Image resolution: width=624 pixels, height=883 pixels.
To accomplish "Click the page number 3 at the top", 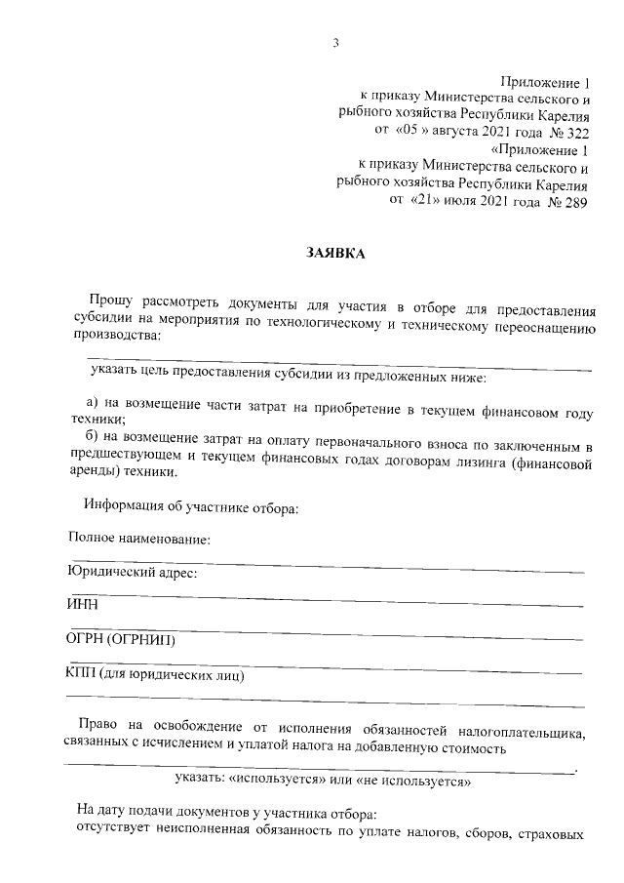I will (334, 42).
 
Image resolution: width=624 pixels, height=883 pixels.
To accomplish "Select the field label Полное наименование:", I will (139, 540).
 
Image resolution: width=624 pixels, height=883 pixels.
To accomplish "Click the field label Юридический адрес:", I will (132, 574).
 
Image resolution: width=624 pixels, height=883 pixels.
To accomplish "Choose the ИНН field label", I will (82, 605).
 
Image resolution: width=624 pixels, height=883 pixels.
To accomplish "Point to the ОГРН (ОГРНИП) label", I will (120, 640).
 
